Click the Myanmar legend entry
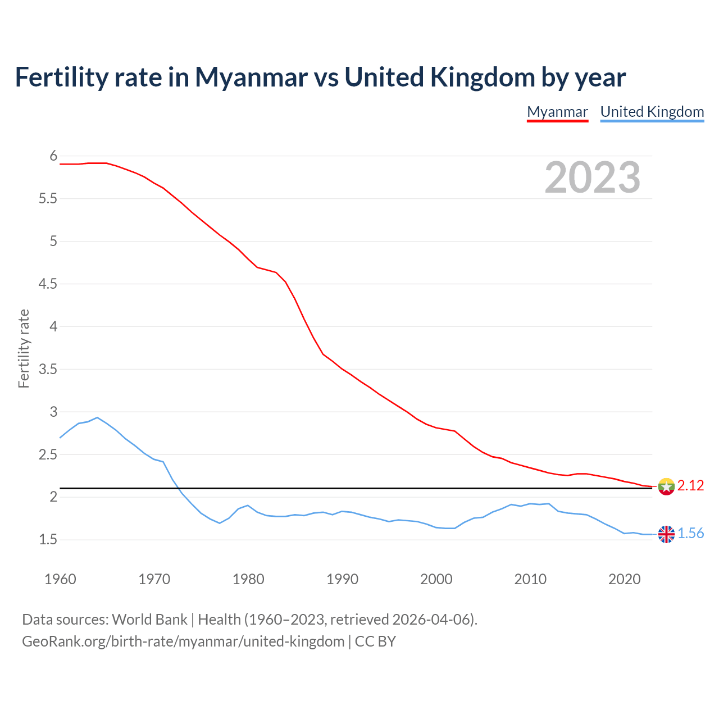click(557, 112)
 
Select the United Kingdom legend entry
click(652, 112)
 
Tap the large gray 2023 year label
click(593, 178)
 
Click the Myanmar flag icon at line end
click(666, 486)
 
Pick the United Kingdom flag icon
click(666, 534)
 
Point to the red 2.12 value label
click(690, 486)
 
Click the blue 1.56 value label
click(690, 534)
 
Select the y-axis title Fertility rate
click(24, 348)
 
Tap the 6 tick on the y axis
click(53, 156)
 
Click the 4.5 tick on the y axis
click(48, 284)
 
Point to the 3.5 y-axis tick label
click(48, 370)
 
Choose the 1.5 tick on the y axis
click(48, 540)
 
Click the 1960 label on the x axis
click(60, 579)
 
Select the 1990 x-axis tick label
click(342, 579)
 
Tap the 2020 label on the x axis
click(624, 579)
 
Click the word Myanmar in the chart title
click(251, 77)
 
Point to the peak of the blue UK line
click(97, 417)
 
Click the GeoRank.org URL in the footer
click(183, 641)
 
